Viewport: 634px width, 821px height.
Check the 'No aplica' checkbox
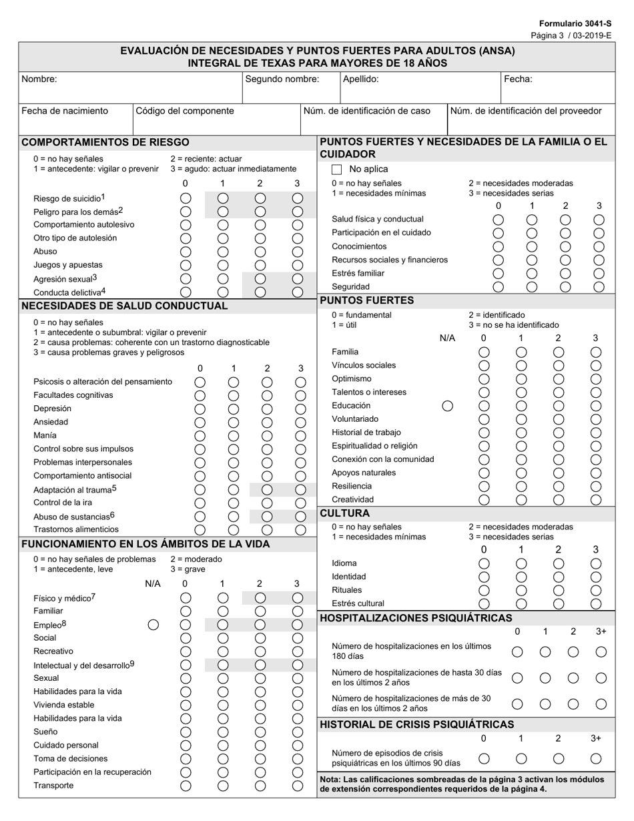tap(337, 170)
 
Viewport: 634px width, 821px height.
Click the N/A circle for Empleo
tap(153, 625)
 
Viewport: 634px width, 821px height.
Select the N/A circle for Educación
tap(448, 406)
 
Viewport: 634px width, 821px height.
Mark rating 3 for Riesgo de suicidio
tap(298, 198)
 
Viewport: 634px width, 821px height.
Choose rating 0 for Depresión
tap(200, 408)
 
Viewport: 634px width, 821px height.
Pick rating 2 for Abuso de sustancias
tap(267, 516)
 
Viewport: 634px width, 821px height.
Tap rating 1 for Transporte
tap(223, 786)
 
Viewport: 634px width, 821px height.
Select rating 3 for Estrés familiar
tap(599, 273)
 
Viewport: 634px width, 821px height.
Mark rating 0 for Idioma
tap(485, 563)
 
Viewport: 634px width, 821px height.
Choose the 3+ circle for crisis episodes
tap(596, 758)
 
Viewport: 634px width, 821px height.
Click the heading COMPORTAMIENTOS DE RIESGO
tap(105, 142)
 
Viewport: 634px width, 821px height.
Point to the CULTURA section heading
tap(345, 513)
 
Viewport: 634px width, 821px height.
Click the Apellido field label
tap(361, 79)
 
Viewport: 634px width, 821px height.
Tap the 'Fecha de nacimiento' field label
tap(65, 111)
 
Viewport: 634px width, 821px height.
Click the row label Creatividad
tap(353, 499)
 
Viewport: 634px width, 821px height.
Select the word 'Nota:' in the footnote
tap(332, 779)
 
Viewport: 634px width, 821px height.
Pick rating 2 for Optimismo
tap(559, 379)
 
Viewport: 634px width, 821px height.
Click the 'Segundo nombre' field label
tap(282, 79)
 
